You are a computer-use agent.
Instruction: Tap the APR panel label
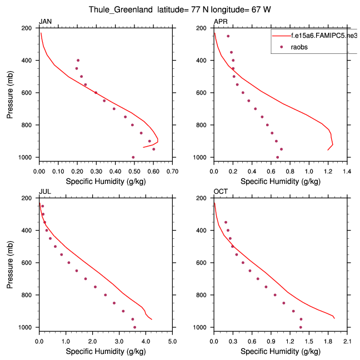pos(220,22)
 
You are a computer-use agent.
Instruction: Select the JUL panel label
pos(44,192)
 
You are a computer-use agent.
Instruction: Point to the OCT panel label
pos(220,192)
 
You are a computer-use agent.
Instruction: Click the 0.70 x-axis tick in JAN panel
pos(172,172)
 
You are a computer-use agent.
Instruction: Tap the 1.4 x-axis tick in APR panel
pos(347,172)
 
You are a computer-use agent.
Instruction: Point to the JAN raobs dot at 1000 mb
pos(133,157)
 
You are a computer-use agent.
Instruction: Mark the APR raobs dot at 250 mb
pos(228,36)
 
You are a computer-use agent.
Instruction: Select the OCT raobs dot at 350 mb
pos(226,222)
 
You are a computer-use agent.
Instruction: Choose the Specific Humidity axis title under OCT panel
pos(281,352)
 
